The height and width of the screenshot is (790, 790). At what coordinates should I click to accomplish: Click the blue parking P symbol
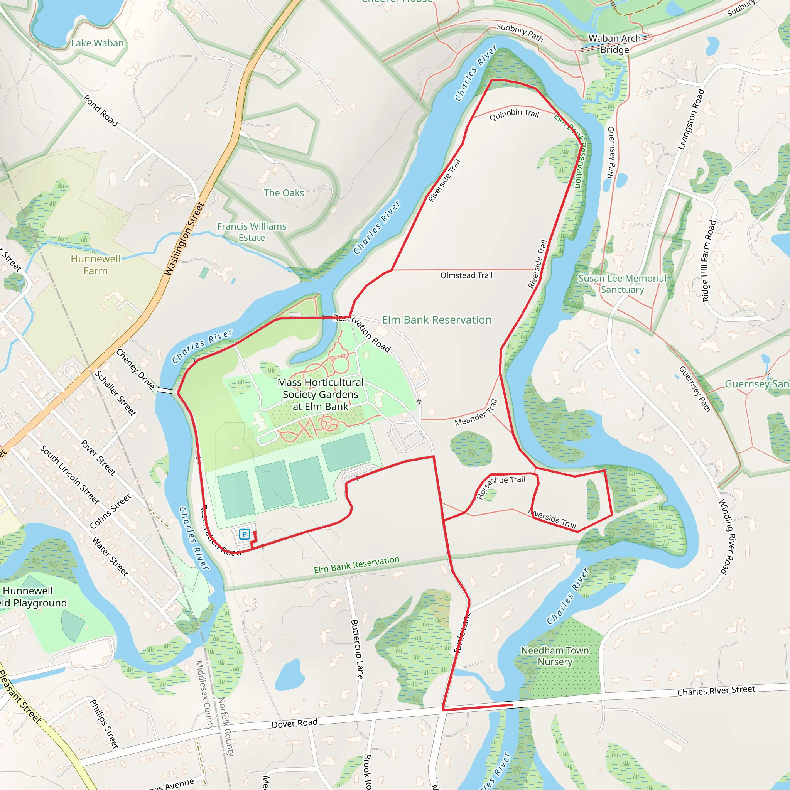(x=244, y=534)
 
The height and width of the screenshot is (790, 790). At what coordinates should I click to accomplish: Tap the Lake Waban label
(x=97, y=43)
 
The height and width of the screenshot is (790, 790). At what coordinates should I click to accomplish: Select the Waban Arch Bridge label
(x=614, y=44)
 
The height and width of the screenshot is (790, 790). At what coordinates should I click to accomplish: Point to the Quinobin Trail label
(x=515, y=114)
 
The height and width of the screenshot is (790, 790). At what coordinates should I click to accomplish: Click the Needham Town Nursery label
(x=555, y=656)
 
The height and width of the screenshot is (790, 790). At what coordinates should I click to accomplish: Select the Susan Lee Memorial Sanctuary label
(x=622, y=284)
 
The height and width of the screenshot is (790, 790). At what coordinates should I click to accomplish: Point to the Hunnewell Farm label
(x=96, y=265)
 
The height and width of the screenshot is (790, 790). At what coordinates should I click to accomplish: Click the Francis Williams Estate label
(x=252, y=232)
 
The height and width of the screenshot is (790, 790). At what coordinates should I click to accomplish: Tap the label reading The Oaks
(x=284, y=192)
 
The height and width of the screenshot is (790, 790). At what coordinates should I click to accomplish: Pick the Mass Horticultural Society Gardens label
(x=321, y=394)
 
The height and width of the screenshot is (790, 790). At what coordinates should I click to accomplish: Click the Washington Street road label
(x=184, y=239)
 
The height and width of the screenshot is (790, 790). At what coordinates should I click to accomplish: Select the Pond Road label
(x=101, y=110)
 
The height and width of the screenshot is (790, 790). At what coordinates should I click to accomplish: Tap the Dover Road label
(x=294, y=723)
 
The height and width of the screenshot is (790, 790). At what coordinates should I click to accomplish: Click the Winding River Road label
(x=729, y=537)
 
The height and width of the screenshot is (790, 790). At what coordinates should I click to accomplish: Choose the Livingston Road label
(x=691, y=120)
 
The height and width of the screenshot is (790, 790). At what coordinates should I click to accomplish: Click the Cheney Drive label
(x=135, y=369)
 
